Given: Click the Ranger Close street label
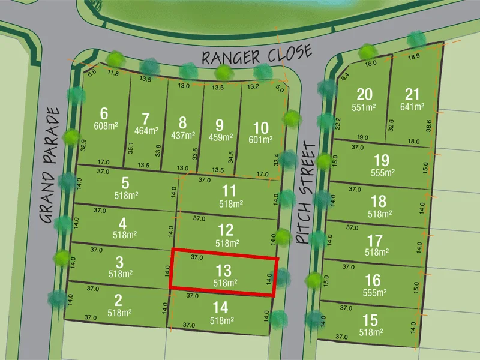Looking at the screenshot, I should pyautogui.click(x=257, y=55).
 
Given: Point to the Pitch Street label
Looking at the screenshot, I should pyautogui.click(x=305, y=193).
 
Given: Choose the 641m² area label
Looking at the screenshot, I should pyautogui.click(x=412, y=107).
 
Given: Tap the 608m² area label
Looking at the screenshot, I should pyautogui.click(x=106, y=126).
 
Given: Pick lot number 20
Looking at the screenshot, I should pyautogui.click(x=364, y=94).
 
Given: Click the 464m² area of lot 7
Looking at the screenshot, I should pyautogui.click(x=146, y=130).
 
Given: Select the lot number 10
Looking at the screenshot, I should pyautogui.click(x=260, y=128).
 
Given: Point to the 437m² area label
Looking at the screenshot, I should pyautogui.click(x=182, y=136).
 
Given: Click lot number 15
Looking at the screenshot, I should pyautogui.click(x=371, y=320).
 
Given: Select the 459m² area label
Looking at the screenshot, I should pyautogui.click(x=219, y=137).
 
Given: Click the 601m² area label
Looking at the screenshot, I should pyautogui.click(x=260, y=140).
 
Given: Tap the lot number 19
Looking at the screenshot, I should pyautogui.click(x=381, y=160).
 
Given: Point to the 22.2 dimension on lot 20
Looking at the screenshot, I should pyautogui.click(x=339, y=124).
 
